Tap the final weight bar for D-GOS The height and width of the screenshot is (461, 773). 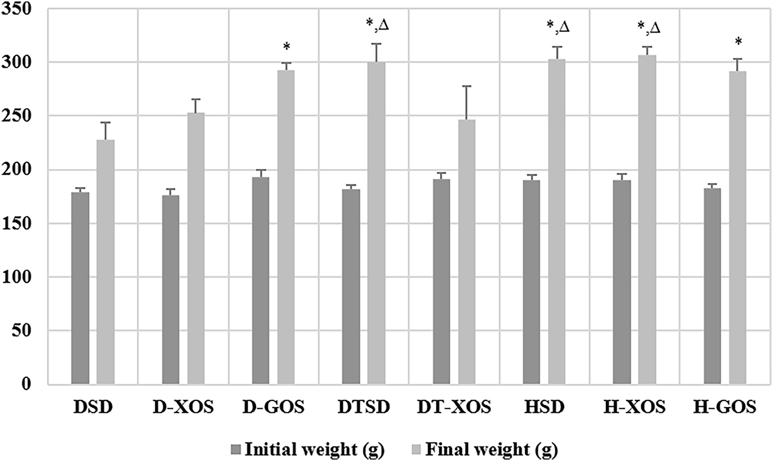pyautogui.click(x=286, y=227)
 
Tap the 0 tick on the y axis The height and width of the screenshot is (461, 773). pyautogui.click(x=23, y=384)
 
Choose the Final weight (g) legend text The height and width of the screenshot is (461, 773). pyautogui.click(x=494, y=449)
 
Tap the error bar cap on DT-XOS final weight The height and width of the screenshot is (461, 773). pyautogui.click(x=467, y=86)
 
